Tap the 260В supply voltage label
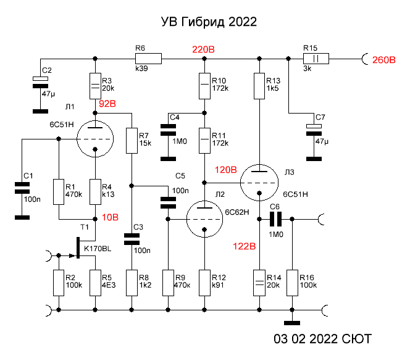(383, 60)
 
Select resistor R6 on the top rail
(148, 59)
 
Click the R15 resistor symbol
(315, 59)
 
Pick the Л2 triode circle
(204, 219)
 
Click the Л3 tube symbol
(259, 183)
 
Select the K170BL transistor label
(98, 249)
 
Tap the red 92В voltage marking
(107, 104)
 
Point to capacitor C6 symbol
(275, 218)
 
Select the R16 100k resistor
(292, 282)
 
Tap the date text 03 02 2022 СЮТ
(323, 339)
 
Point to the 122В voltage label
(244, 246)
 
